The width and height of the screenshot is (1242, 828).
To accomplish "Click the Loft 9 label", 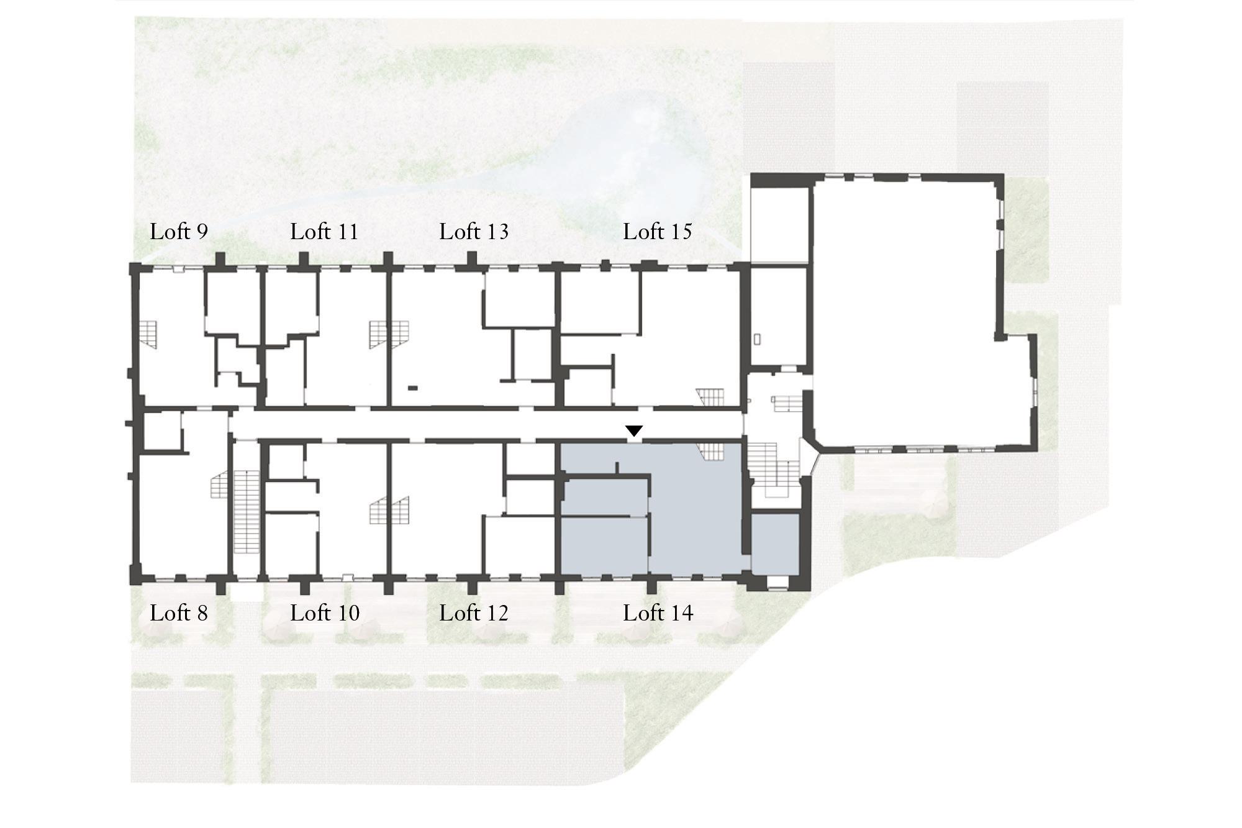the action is tap(179, 232).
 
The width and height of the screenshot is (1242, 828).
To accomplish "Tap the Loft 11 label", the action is tap(324, 232).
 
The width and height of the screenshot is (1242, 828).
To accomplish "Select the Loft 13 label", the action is tap(474, 232).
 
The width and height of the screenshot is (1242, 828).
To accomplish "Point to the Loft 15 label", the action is tap(658, 232).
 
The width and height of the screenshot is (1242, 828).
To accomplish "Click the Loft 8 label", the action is tap(179, 613).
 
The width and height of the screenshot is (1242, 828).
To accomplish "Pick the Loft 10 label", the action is tap(325, 613).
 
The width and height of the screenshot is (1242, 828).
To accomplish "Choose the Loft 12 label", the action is tap(474, 613).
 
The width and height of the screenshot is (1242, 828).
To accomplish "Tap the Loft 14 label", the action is tap(658, 613).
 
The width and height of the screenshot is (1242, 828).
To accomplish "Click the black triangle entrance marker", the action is tap(633, 430).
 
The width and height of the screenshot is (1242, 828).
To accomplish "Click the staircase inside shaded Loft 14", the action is tap(711, 452).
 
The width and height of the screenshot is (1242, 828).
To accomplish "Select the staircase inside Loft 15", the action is tap(710, 397).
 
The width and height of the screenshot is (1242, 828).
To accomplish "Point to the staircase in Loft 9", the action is tap(148, 334).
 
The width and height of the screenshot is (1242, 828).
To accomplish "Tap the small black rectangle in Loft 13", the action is tap(412, 388).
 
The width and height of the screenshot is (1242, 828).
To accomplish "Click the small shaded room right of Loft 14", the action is tap(775, 544).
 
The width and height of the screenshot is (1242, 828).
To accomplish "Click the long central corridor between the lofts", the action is tap(487, 425).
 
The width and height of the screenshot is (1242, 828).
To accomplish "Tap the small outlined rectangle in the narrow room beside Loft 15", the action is tap(758, 340).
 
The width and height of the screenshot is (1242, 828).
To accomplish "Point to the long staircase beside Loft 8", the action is tap(246, 512).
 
